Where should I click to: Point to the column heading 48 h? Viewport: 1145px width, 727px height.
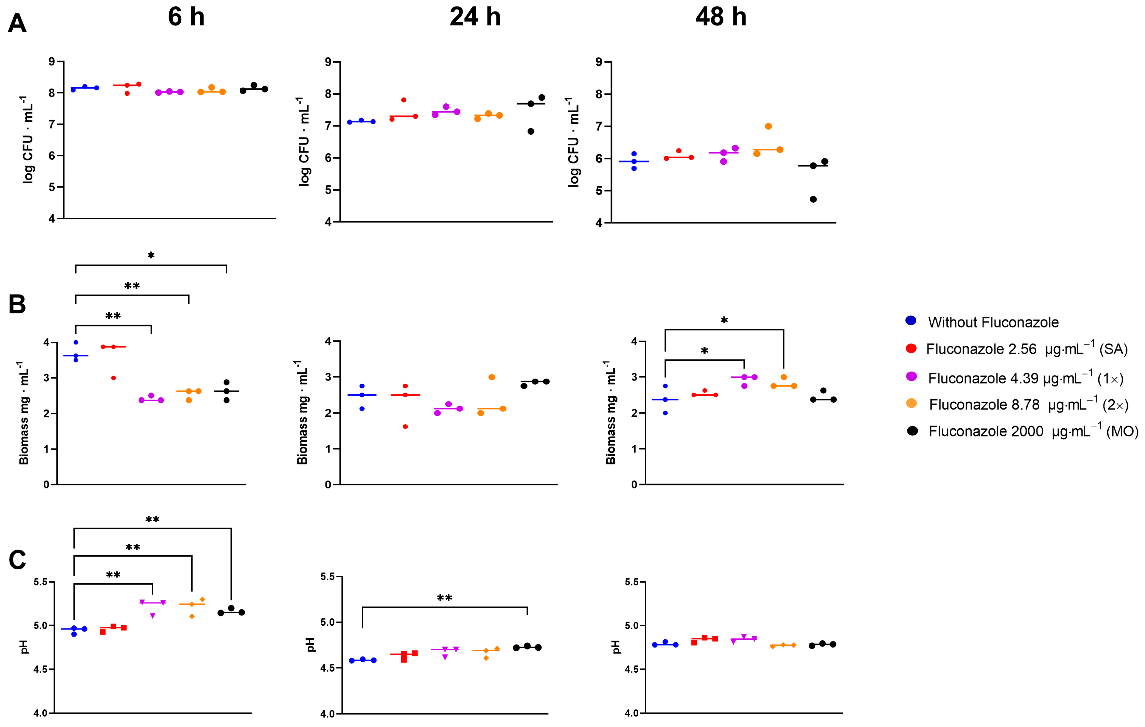point(721,17)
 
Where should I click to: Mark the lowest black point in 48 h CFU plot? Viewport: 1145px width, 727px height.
point(813,199)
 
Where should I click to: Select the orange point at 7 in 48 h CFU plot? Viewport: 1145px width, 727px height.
point(768,126)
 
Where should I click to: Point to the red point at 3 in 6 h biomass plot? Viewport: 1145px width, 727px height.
point(114,378)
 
